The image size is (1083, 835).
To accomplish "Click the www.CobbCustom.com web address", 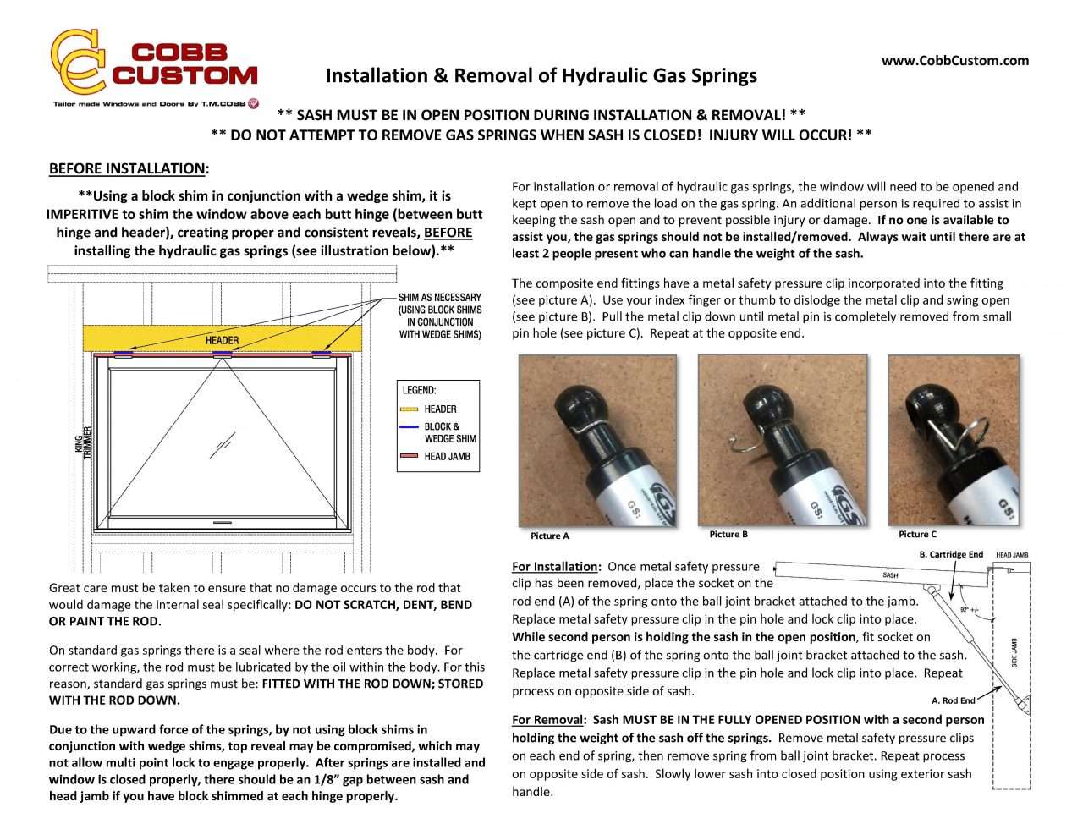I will tap(954, 60).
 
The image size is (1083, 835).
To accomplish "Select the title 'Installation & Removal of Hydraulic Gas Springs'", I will tap(541, 76).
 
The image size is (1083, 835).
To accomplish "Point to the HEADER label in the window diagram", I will tap(222, 340).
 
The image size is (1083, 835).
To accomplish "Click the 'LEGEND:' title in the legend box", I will tap(419, 391).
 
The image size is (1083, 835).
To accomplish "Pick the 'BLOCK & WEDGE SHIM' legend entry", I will tap(449, 432).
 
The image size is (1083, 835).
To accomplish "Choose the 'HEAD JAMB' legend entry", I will tap(447, 457).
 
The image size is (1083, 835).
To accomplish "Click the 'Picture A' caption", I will tap(550, 536).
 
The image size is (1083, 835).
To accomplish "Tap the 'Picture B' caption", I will tap(728, 534).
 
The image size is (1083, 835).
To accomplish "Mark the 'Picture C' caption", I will tap(917, 534).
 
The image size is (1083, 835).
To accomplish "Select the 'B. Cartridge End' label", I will tap(951, 555).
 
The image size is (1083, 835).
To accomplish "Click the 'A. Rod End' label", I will tap(953, 700).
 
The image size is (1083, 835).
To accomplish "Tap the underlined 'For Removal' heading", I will tap(548, 720).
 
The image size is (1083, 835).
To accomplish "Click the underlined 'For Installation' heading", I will tap(556, 567).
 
